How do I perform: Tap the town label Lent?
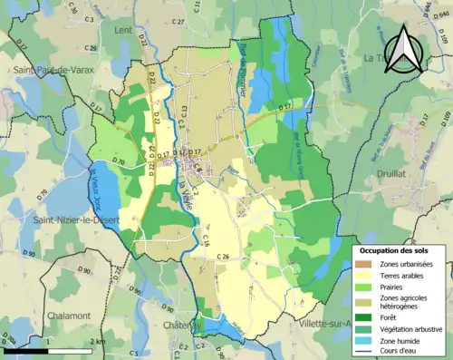pos(123,30)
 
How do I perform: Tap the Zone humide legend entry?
pos(401,341)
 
